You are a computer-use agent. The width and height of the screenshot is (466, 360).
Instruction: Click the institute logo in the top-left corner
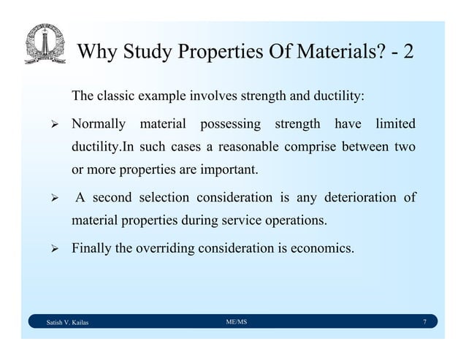pos(44,45)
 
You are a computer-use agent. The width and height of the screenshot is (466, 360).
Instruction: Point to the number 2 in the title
pos(407,53)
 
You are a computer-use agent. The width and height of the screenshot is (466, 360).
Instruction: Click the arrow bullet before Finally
pos(53,248)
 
